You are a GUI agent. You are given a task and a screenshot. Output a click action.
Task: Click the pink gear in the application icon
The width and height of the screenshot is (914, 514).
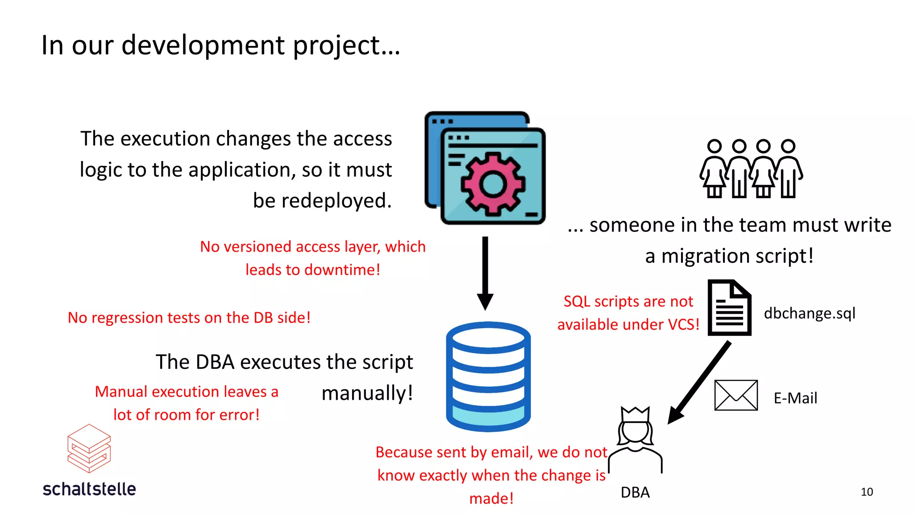point(493,183)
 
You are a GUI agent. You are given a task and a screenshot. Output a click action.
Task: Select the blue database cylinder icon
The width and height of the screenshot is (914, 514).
point(488,377)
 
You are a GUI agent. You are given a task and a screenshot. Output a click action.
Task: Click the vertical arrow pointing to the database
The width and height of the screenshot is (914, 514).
point(485,272)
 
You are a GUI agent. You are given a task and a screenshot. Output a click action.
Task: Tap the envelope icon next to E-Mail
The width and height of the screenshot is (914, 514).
point(736,395)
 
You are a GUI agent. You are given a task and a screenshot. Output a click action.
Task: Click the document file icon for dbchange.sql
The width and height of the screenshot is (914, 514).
point(729,308)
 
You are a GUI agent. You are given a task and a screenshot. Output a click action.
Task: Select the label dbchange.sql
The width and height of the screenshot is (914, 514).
point(809,313)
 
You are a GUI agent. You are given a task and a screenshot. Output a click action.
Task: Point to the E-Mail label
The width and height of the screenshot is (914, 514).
point(795,398)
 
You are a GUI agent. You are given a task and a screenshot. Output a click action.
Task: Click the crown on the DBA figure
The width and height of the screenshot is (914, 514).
point(635,415)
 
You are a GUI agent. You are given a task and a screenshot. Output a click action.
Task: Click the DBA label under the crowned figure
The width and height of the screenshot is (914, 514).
point(635,493)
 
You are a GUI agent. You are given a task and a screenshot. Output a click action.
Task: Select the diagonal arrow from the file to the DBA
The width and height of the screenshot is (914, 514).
point(700,382)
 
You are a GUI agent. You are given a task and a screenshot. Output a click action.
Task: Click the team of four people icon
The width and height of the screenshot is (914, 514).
point(751,169)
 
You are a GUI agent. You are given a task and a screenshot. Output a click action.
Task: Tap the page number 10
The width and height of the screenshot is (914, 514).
point(867,492)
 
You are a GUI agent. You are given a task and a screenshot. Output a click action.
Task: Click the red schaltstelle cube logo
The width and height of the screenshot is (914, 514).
point(89,448)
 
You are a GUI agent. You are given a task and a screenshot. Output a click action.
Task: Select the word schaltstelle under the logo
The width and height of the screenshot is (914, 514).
point(89,489)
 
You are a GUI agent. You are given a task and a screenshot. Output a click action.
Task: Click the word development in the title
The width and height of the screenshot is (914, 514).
point(203,46)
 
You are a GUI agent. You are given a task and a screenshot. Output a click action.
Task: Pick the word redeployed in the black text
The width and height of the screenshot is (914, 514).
point(322,201)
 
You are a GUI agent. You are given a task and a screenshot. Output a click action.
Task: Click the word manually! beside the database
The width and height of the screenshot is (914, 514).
point(367,394)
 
